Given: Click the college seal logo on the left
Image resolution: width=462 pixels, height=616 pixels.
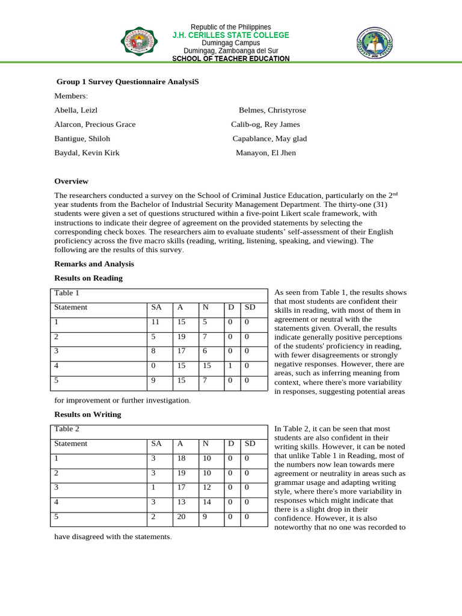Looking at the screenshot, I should (x=140, y=42).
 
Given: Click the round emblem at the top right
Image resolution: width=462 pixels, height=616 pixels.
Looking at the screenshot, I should (x=375, y=43).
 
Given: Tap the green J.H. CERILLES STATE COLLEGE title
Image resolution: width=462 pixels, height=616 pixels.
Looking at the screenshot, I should (x=230, y=35).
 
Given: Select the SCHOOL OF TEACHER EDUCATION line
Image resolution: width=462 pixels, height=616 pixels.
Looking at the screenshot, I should (x=230, y=58).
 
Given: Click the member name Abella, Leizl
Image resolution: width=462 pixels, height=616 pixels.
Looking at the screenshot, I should (x=76, y=110).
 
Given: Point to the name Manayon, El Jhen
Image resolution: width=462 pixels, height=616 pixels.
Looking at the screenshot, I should (x=266, y=153).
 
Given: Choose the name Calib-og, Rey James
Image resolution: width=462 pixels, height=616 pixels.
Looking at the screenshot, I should (x=265, y=125).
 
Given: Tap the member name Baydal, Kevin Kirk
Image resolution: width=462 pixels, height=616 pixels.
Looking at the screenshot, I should (x=87, y=153).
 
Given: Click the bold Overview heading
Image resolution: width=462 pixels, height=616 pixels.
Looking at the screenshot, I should (x=71, y=181).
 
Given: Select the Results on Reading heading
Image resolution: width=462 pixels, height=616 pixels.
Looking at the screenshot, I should (x=88, y=278).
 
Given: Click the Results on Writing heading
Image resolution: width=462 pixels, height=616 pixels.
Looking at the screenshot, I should (x=88, y=414).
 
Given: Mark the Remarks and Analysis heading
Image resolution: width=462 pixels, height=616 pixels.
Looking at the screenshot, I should (x=94, y=264).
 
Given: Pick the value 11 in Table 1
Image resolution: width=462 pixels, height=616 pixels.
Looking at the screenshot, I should (x=155, y=322).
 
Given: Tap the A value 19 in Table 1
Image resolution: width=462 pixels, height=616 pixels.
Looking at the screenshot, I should (x=181, y=336).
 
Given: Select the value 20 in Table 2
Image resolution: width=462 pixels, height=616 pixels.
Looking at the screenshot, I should (x=181, y=516).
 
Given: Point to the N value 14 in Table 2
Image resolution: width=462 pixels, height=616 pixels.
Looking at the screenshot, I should (x=206, y=502).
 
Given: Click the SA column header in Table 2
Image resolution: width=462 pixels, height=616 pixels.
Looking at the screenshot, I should (x=156, y=443).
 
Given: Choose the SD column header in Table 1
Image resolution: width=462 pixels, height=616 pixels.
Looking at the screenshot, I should (x=250, y=307).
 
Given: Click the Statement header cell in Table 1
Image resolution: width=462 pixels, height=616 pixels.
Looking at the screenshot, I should (x=71, y=307).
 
